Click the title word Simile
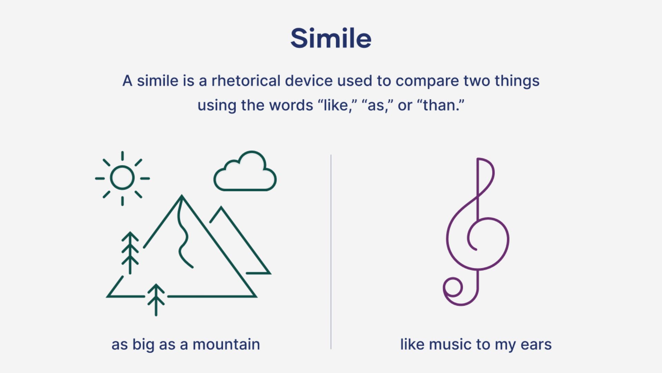pos(331,38)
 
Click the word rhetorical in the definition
pos(245,81)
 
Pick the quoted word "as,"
pos(378,105)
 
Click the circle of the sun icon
pos(122,178)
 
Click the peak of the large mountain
pos(182,198)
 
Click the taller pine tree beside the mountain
pos(130,252)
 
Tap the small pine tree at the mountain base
pos(156,299)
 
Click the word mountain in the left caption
pos(226,345)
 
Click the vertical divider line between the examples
pos(331,252)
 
